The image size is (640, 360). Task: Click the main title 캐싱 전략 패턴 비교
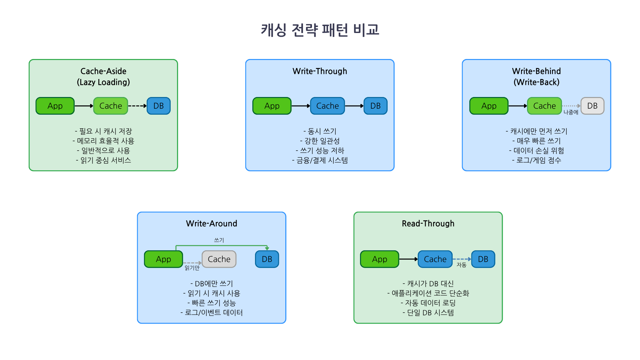(x=320, y=30)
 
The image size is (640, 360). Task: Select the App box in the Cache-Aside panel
(x=55, y=106)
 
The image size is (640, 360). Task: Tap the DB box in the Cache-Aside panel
(x=159, y=106)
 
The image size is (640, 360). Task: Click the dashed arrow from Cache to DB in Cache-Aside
(x=137, y=106)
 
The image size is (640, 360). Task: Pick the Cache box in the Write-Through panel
(x=327, y=106)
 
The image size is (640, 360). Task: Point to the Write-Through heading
(x=320, y=71)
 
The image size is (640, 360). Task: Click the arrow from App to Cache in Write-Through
(x=300, y=106)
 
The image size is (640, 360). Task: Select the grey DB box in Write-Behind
(x=592, y=106)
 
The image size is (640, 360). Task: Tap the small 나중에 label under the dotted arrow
(x=571, y=112)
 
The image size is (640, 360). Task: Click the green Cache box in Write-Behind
(x=544, y=106)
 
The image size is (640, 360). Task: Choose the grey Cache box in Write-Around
(x=219, y=259)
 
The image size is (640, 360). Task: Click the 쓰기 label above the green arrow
(x=219, y=240)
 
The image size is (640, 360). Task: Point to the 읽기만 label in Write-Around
(x=192, y=268)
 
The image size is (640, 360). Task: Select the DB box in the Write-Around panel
(x=267, y=259)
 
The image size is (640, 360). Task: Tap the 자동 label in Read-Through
(x=461, y=265)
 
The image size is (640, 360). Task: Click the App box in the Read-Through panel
(x=379, y=259)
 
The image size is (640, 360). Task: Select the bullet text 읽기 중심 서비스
(x=103, y=160)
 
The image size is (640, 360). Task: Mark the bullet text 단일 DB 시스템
(x=428, y=313)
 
